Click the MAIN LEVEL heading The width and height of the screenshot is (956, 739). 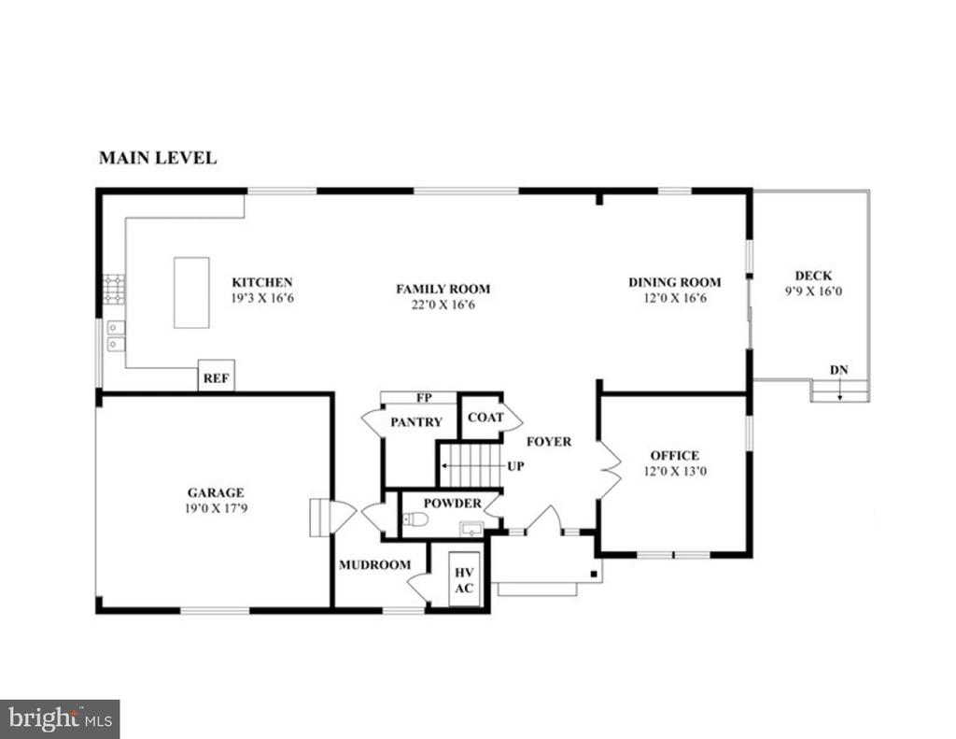pos(158,158)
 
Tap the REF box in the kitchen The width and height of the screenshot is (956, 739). pos(217,376)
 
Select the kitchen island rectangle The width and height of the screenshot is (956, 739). pos(191,292)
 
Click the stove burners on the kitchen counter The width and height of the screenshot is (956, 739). pos(114,290)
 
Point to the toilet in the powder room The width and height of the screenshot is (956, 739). pos(415,520)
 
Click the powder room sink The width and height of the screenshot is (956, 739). pos(471,529)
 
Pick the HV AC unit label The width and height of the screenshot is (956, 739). pos(464,580)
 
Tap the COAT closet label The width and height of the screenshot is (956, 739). pos(485,418)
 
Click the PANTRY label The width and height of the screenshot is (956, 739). pos(416,421)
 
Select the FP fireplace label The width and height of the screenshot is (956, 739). pos(425,398)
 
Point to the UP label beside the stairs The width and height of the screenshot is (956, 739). pos(515,466)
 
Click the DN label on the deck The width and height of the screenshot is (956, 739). pos(839,370)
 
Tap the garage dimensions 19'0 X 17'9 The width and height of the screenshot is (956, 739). pos(216,507)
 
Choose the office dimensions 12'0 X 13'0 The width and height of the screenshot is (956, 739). pos(675,471)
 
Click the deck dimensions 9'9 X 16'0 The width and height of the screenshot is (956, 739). pos(813,291)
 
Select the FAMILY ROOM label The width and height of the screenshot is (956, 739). pos(443,289)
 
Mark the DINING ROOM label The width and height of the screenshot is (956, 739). pos(675,282)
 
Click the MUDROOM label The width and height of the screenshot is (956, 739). pos(375,565)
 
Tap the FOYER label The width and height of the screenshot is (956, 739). pos(549,441)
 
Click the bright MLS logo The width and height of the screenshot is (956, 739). pos(60,718)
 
